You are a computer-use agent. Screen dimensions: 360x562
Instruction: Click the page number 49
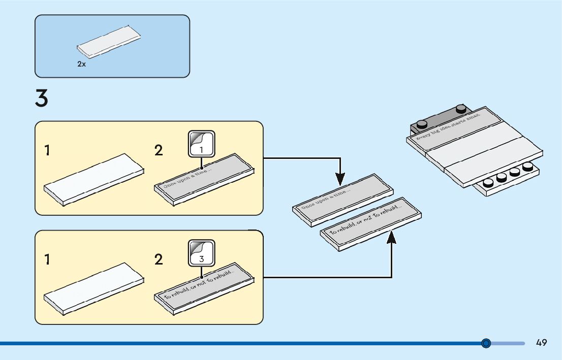tap(541, 343)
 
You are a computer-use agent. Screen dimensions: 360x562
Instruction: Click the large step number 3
tap(42, 99)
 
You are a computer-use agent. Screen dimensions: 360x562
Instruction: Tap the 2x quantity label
tap(81, 64)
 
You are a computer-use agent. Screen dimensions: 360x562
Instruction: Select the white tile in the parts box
tap(109, 43)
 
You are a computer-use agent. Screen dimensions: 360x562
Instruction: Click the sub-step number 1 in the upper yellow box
tap(47, 151)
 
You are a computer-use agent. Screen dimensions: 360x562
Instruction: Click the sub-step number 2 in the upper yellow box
tap(159, 151)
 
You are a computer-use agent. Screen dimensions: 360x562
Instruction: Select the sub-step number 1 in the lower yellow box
tap(47, 260)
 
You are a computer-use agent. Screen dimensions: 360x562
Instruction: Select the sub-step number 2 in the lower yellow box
tap(159, 260)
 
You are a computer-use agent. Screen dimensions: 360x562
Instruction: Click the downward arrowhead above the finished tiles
tap(340, 179)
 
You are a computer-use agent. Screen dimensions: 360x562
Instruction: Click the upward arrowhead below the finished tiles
tap(391, 237)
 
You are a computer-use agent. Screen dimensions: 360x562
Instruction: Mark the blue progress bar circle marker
tap(486, 343)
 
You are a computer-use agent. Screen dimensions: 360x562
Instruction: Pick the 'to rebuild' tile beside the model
tap(371, 224)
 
